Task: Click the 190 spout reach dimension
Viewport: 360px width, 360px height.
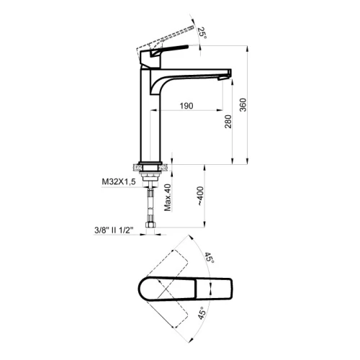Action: [x=186, y=106]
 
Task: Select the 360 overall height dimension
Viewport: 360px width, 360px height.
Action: [x=243, y=104]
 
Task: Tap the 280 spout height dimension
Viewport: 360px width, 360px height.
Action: [x=228, y=122]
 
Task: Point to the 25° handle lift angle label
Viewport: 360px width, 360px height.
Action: [x=202, y=32]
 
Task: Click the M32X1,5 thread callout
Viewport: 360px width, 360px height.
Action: [x=119, y=181]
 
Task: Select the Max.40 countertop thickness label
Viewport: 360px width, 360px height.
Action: [x=168, y=197]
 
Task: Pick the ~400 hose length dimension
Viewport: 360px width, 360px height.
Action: [x=200, y=196]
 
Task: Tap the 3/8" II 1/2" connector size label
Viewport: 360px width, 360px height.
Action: [x=114, y=230]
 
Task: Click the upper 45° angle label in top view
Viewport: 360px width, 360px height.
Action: [x=209, y=258]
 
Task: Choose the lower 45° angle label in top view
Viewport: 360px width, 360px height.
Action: [x=202, y=313]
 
